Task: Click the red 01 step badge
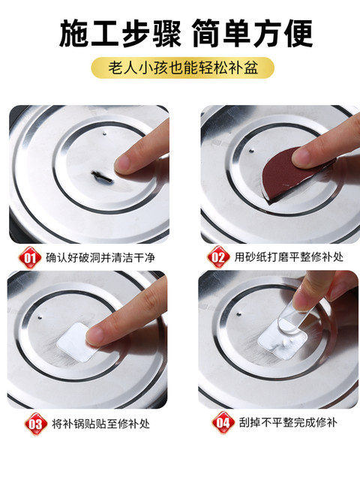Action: (30, 258)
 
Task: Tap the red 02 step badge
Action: (218, 257)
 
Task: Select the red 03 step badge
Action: (36, 424)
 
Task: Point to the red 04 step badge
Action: (223, 423)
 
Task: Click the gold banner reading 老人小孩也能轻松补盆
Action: (183, 67)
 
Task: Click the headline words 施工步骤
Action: (120, 33)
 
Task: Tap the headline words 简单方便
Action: (253, 33)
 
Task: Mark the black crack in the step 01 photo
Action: (102, 178)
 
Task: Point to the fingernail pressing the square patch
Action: (95, 335)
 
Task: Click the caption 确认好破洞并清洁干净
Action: (100, 258)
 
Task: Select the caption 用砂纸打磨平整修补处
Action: (289, 257)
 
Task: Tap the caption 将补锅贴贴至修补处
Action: (100, 424)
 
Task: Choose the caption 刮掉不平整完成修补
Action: (288, 423)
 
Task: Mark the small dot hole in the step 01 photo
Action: (105, 133)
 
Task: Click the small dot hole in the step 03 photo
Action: (40, 316)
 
